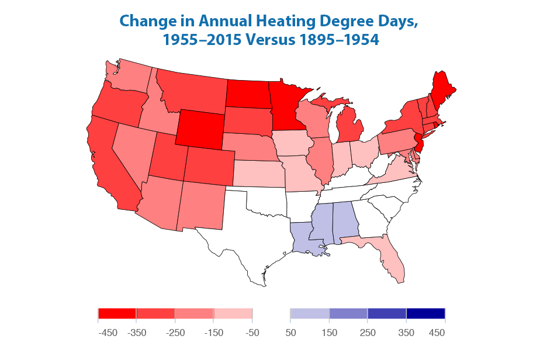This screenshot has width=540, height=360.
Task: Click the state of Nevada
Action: [x=133, y=151]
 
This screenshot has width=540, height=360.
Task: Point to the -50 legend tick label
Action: [x=252, y=333]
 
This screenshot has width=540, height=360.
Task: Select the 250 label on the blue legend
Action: [x=368, y=333]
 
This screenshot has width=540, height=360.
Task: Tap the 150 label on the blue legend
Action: [x=330, y=333]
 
